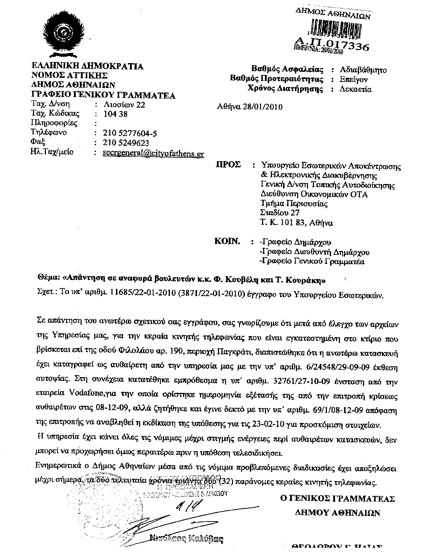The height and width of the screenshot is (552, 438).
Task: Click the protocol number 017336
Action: point(345,46)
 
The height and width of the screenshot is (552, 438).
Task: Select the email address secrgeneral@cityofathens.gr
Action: point(153,153)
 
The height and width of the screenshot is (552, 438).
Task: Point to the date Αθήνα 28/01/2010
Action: point(250,107)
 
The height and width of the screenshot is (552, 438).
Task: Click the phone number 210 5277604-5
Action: point(130,133)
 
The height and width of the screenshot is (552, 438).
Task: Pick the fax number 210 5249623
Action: point(126,143)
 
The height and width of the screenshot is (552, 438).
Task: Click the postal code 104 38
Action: point(116,114)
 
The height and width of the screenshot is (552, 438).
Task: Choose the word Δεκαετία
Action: point(355,89)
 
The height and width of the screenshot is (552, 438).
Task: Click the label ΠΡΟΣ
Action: point(228,165)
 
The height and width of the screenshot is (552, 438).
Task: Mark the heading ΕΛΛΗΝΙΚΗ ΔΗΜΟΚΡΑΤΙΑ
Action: point(87,66)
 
